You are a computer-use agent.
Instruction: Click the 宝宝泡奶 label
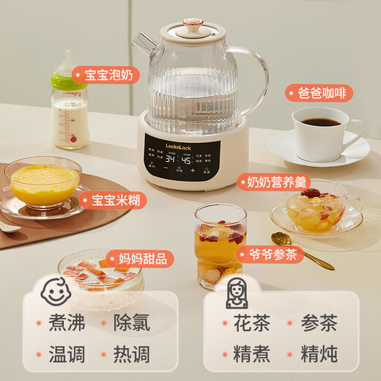click(109, 75)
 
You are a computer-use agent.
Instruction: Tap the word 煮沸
click(72, 323)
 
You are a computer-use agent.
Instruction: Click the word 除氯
click(132, 323)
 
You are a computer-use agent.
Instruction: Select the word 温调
click(72, 355)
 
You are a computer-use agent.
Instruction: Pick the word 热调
click(132, 355)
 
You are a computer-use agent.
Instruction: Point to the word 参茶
click(319, 323)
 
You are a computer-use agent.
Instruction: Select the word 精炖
click(319, 355)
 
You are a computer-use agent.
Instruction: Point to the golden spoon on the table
click(300, 248)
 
